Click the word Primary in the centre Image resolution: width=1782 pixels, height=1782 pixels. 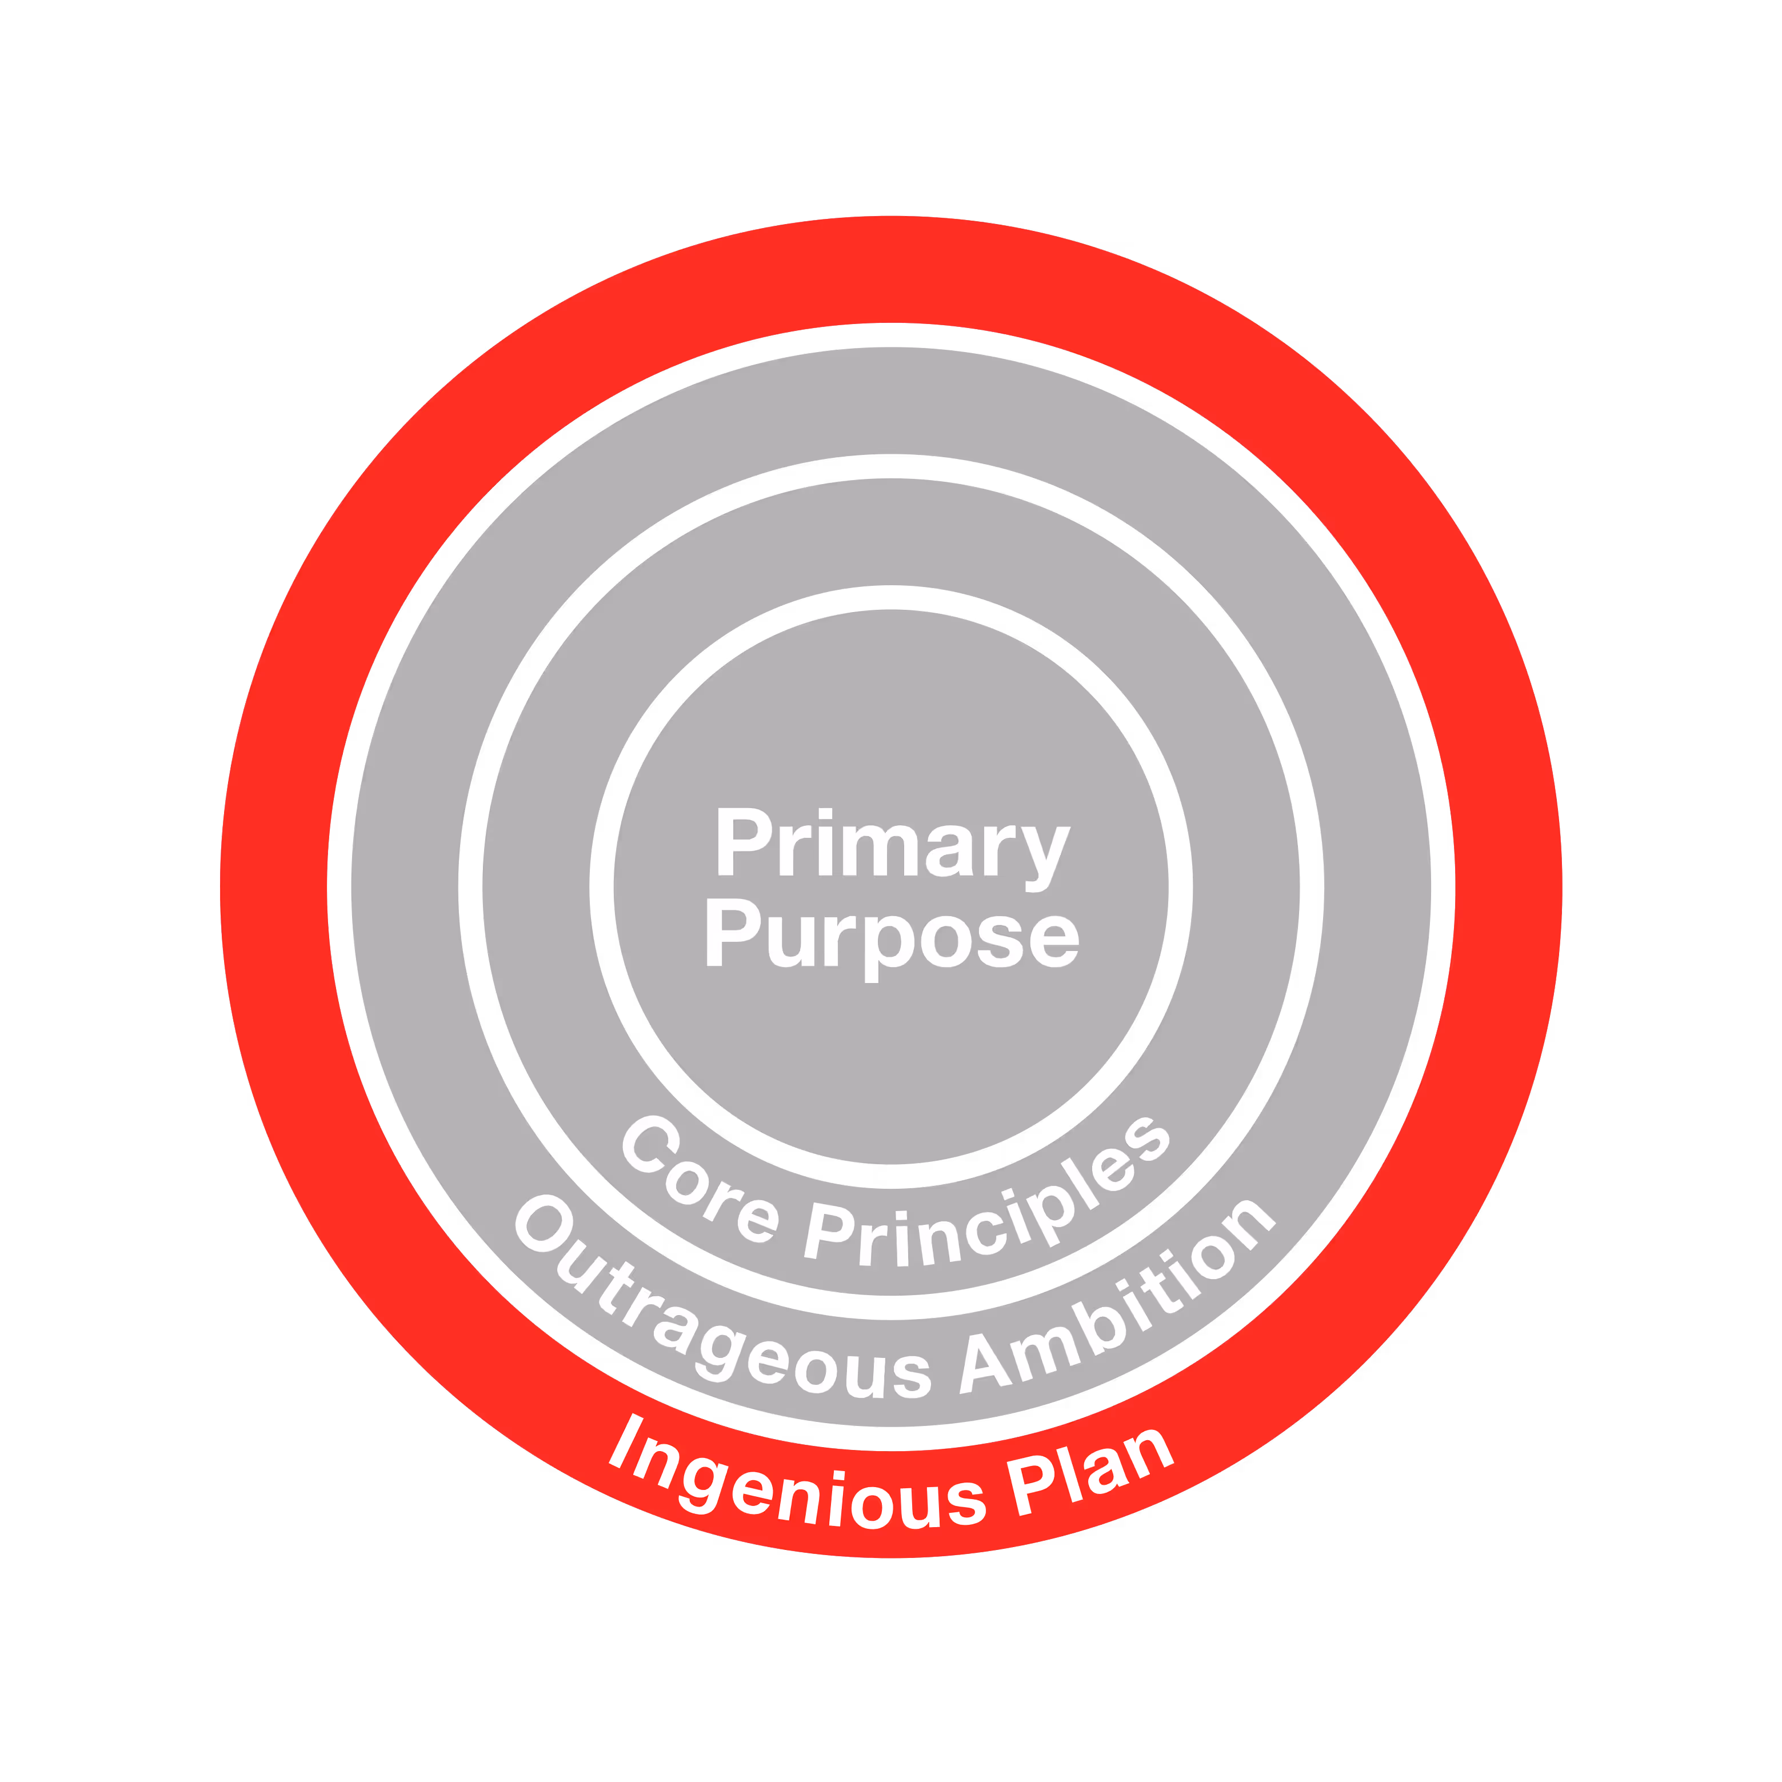click(891, 844)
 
